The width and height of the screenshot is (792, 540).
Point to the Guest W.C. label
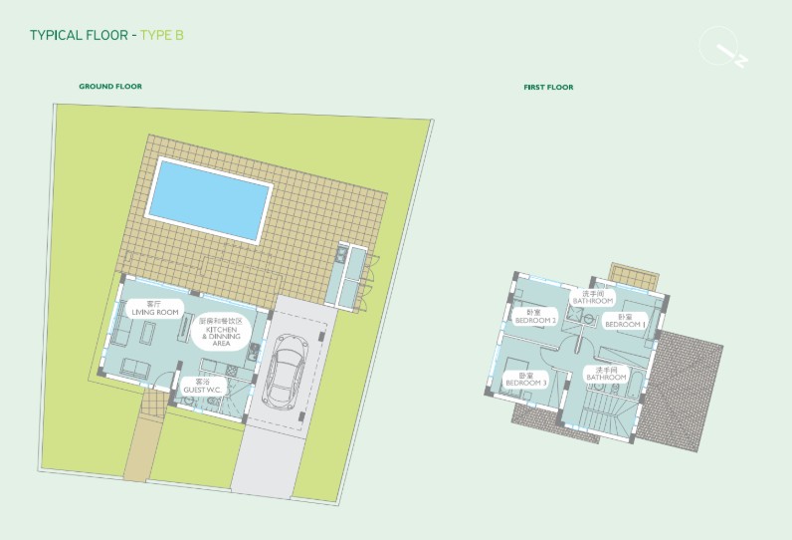(x=202, y=386)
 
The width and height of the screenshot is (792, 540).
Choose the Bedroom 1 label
(x=626, y=321)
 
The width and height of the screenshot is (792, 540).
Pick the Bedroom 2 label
(x=535, y=317)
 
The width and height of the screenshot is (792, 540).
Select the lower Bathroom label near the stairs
(x=605, y=374)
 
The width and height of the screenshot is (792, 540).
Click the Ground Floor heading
(x=110, y=87)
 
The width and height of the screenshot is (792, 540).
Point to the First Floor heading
(x=548, y=88)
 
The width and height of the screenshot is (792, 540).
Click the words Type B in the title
(x=162, y=35)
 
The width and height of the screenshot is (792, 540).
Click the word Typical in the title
(x=58, y=35)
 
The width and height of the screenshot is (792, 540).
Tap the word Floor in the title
(x=106, y=35)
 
